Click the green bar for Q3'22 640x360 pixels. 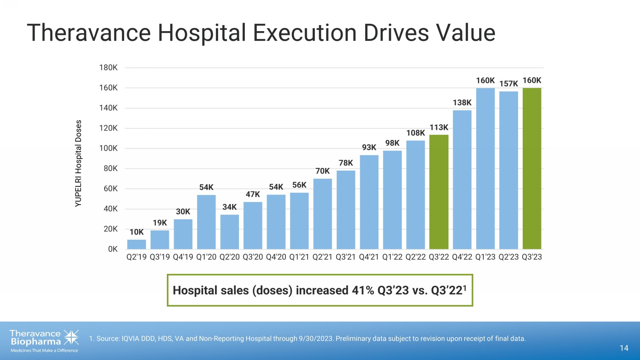pos(439,192)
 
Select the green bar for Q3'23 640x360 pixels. pos(532,168)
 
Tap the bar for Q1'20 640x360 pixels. pos(206,222)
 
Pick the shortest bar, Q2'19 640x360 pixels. pos(137,244)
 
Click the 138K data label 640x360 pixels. pos(462,103)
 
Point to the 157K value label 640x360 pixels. pos(509,84)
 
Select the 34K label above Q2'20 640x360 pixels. pos(230,207)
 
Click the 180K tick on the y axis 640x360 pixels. pos(108,67)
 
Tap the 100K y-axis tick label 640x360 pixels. pos(108,148)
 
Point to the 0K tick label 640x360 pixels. pos(113,249)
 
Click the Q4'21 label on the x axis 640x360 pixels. pos(369,257)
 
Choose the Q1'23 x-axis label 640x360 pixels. pos(485,257)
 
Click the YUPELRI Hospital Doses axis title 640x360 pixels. pos(78,164)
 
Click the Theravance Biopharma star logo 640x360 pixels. pos(71,337)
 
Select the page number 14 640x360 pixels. pos(624,348)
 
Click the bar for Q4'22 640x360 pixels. pos(462,180)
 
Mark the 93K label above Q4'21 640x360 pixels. pos(369,148)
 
